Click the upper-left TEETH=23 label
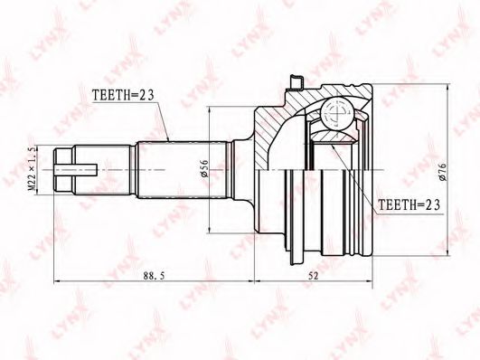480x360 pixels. click(123, 95)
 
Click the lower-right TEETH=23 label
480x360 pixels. click(409, 204)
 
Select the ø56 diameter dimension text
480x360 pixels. click(204, 168)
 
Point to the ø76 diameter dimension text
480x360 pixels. click(443, 172)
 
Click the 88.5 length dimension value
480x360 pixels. click(154, 276)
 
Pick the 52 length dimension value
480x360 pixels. click(313, 276)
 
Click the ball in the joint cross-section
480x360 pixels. click(338, 113)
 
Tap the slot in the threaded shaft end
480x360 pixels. click(76, 169)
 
